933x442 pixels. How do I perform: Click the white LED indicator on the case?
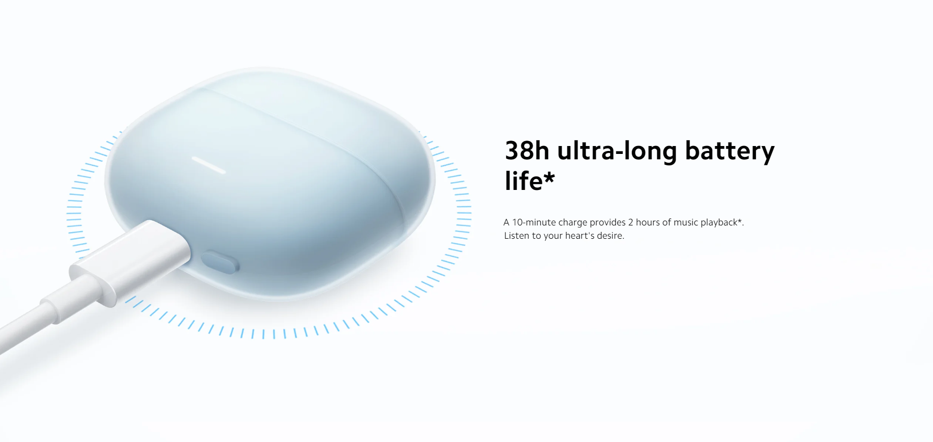tap(209, 165)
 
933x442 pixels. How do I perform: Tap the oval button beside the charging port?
tap(220, 261)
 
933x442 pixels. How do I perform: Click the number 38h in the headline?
tap(527, 150)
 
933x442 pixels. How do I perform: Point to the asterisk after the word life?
tap(549, 178)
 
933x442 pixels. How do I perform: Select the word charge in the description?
tap(572, 223)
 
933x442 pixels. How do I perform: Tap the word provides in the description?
tap(607, 223)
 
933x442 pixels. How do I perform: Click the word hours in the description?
tap(647, 222)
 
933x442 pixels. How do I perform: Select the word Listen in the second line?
tap(517, 236)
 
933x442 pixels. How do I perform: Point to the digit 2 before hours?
tap(631, 222)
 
